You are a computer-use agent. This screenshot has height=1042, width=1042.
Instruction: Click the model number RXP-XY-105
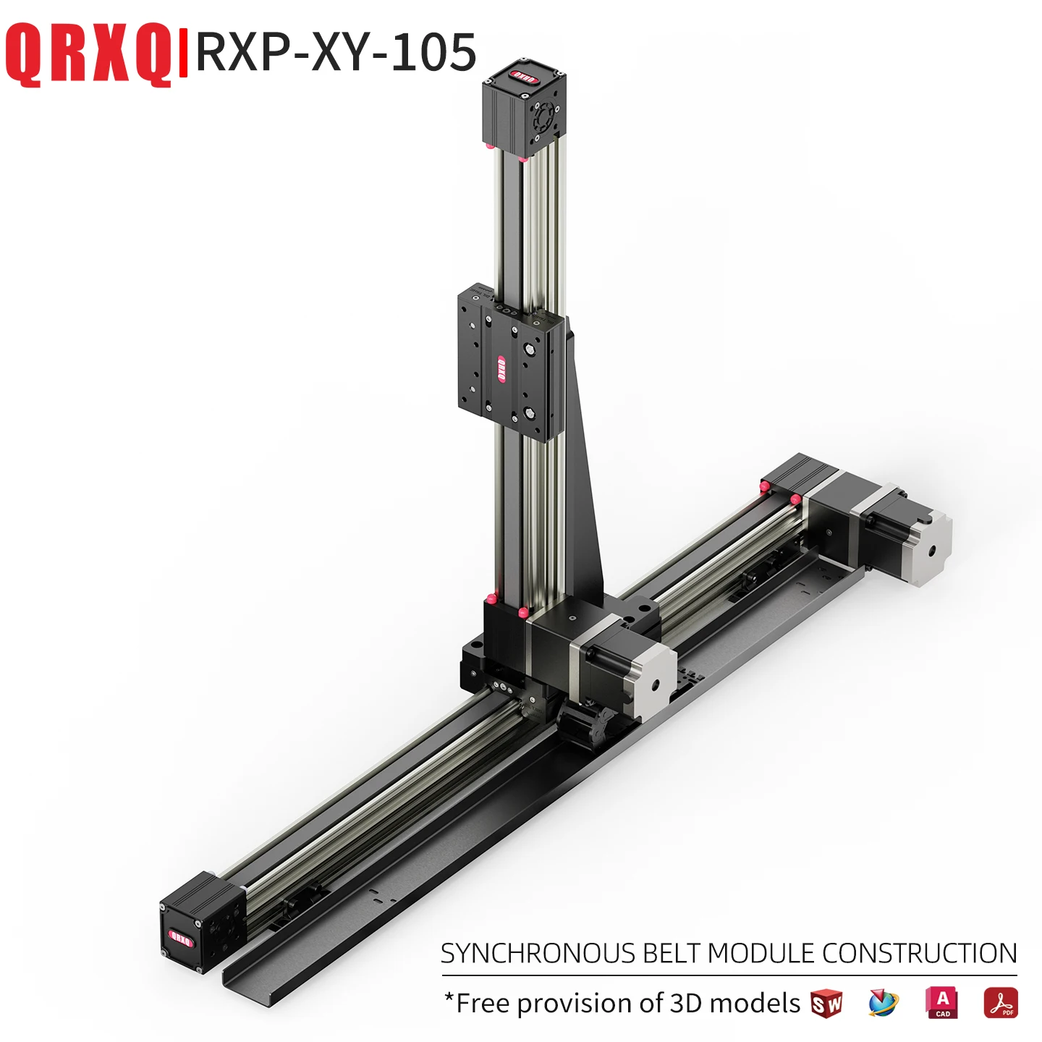coord(336,52)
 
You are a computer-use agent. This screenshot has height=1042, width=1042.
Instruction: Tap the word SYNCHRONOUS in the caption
coord(537,954)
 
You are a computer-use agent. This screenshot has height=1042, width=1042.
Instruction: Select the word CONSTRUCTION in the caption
coord(919,954)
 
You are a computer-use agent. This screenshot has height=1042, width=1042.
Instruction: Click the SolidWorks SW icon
coord(826,1004)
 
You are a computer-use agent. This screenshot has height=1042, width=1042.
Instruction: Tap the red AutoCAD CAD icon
coord(941,1003)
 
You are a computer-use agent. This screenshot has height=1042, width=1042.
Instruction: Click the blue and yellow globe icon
coord(883,1004)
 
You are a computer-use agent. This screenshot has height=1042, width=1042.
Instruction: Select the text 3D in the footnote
coord(686,1004)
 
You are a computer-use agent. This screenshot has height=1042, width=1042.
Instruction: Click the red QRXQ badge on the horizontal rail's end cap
coord(179,939)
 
